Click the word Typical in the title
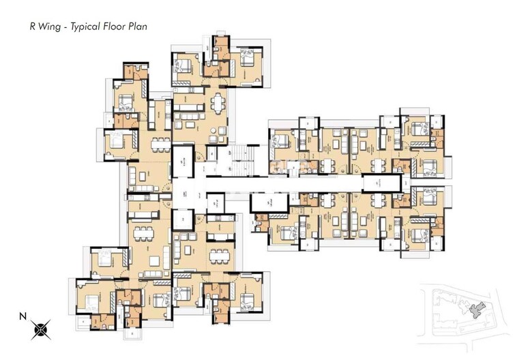coord(85,27)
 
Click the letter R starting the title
coord(31,27)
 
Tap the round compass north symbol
coord(40,330)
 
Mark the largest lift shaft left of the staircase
coord(183,165)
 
